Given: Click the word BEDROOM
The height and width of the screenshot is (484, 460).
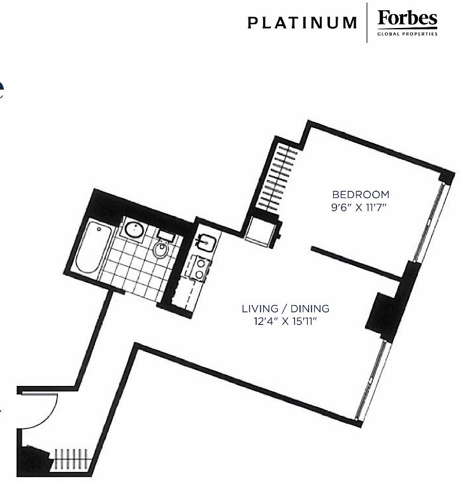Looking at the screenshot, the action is [x=361, y=194].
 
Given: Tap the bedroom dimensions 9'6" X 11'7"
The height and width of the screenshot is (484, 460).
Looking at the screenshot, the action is [x=359, y=208].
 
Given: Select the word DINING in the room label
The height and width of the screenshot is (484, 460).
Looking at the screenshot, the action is [x=310, y=308].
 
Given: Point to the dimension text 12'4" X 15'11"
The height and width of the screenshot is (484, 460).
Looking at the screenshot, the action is [x=285, y=322].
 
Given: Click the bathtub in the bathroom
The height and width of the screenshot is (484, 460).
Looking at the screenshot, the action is [x=92, y=246].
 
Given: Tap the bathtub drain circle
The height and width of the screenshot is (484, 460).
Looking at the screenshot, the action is [x=99, y=229].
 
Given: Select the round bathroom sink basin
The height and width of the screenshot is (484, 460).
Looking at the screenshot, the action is [x=134, y=229].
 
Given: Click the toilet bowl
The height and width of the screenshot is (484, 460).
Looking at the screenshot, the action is [x=160, y=250].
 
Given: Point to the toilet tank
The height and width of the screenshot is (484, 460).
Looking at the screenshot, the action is [x=166, y=234].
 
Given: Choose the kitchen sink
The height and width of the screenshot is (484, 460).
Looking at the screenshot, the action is [x=205, y=243].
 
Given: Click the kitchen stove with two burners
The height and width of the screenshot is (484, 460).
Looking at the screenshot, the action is [x=199, y=268].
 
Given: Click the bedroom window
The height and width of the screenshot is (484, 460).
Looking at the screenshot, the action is [x=429, y=221].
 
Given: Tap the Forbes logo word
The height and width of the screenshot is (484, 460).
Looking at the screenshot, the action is [x=407, y=19].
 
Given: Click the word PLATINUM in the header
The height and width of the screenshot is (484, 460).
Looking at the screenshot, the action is [x=302, y=23].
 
